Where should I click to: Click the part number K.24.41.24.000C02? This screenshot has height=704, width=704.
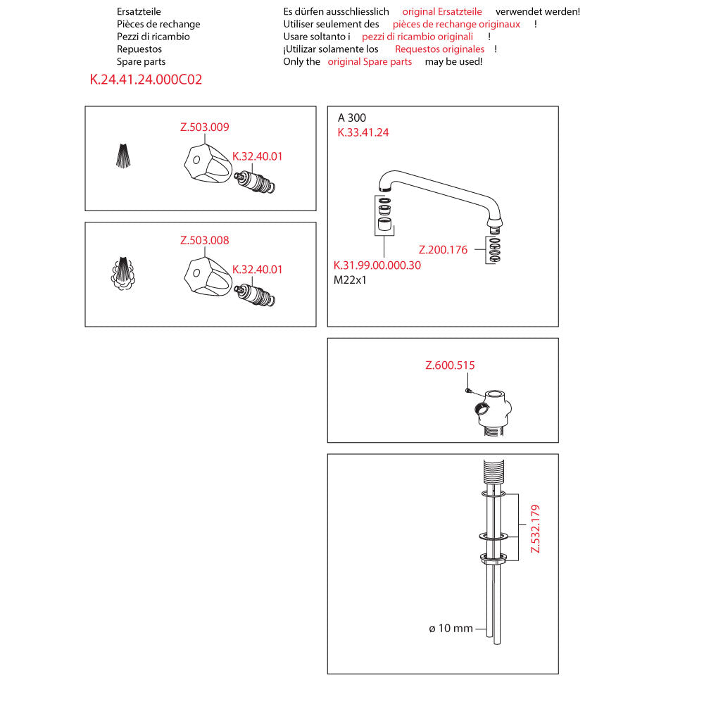[146, 80]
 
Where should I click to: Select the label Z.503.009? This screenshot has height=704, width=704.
[205, 127]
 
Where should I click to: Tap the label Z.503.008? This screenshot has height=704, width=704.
[205, 240]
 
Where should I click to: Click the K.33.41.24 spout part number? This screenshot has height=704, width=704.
[363, 132]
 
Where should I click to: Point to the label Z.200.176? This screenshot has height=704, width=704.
[443, 249]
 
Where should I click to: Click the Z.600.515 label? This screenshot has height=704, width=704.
[450, 365]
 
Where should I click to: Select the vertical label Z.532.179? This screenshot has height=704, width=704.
[535, 528]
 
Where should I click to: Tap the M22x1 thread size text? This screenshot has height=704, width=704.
[351, 279]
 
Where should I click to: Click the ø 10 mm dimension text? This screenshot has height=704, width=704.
[451, 628]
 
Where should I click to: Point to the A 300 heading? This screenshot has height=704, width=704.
[352, 118]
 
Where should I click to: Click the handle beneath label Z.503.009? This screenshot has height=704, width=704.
[205, 165]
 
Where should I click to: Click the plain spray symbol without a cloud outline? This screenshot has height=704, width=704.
[122, 156]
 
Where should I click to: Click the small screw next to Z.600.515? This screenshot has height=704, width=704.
[467, 390]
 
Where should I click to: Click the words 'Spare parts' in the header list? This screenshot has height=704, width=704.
[142, 62]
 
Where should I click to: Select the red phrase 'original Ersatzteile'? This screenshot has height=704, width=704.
[442, 12]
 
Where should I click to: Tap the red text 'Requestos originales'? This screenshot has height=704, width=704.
[439, 49]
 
